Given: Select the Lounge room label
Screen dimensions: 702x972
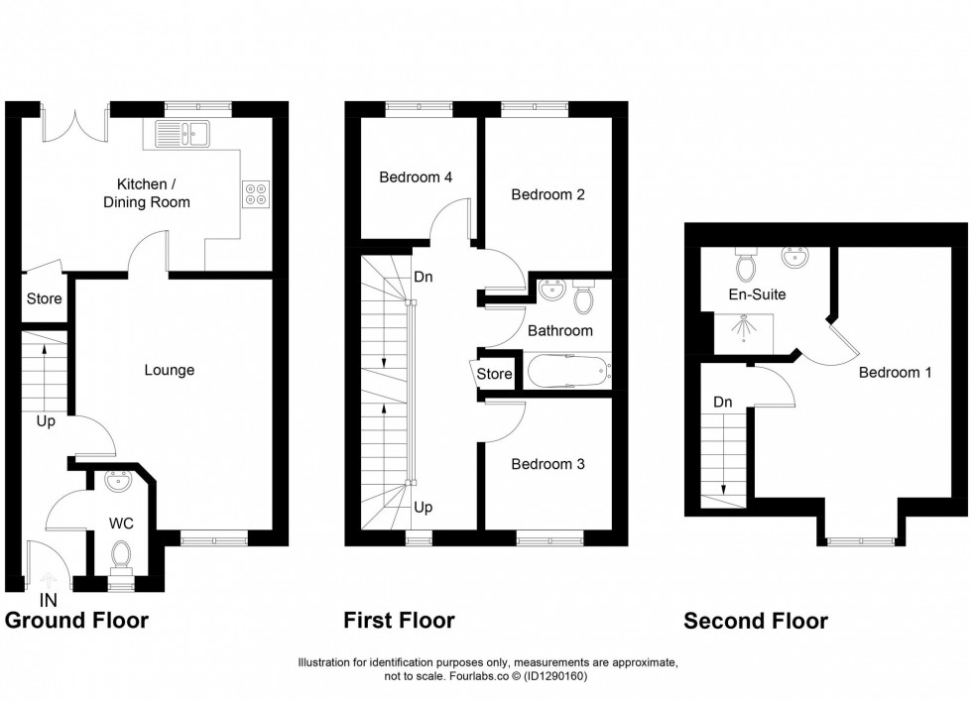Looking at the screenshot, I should pyautogui.click(x=170, y=370).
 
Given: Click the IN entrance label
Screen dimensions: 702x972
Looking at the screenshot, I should pyautogui.click(x=47, y=600).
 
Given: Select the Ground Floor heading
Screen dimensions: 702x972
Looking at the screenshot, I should pyautogui.click(x=76, y=622).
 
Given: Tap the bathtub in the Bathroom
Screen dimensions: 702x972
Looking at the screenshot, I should pyautogui.click(x=568, y=373).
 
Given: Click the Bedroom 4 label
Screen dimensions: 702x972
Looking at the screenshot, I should pyautogui.click(x=416, y=177).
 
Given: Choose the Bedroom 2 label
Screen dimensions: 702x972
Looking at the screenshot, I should pyautogui.click(x=547, y=194).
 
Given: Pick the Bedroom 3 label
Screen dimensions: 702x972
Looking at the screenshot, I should pyautogui.click(x=547, y=464).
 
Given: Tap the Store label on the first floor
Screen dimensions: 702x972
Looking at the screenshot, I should pyautogui.click(x=495, y=374).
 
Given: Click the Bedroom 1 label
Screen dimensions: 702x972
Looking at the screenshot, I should pyautogui.click(x=895, y=373).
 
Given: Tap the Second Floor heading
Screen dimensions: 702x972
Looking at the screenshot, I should pyautogui.click(x=755, y=622).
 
